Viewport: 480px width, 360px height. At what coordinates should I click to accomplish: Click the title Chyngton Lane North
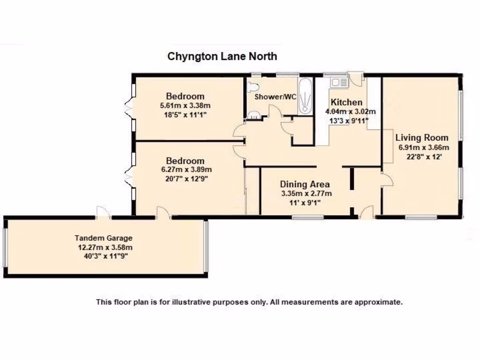[222, 57]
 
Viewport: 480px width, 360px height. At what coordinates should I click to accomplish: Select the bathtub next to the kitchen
[305, 96]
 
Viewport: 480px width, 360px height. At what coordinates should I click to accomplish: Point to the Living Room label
[422, 138]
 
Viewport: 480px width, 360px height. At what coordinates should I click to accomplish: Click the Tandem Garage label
[104, 238]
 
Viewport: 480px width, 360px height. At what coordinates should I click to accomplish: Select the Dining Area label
[305, 184]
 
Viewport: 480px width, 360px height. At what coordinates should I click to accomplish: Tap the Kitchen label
[346, 103]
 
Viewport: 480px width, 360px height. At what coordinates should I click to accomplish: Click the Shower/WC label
[275, 97]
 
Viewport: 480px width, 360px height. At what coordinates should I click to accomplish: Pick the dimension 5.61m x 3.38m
[185, 105]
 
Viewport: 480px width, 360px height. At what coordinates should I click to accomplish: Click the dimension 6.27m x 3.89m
[186, 170]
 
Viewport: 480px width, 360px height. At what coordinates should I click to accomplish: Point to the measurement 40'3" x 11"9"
[104, 256]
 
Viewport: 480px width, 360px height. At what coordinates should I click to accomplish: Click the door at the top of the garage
[103, 213]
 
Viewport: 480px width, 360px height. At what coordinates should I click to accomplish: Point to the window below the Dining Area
[307, 217]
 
